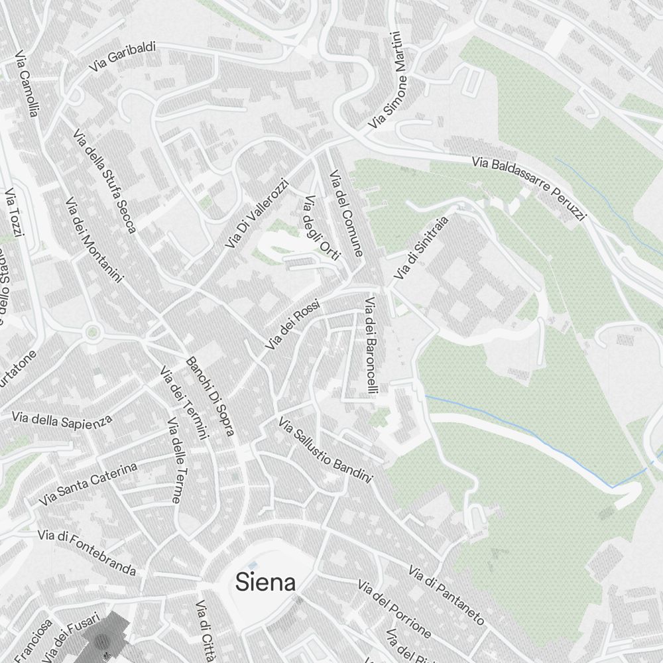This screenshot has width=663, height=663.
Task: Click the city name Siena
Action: [x=265, y=583]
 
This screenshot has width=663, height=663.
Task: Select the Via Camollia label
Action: [x=27, y=84]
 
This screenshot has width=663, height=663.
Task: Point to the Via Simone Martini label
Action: [x=396, y=80]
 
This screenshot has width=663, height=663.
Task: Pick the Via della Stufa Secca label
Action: [x=105, y=180]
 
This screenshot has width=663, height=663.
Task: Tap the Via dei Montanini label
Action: [x=93, y=239]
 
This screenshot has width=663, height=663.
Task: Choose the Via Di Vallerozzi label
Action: [x=257, y=213]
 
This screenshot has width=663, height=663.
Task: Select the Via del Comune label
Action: [x=347, y=213]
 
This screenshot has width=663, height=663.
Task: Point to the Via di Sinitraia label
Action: [x=421, y=247]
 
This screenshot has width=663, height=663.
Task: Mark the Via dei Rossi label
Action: [x=292, y=325]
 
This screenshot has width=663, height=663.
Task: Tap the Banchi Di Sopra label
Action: [x=210, y=396]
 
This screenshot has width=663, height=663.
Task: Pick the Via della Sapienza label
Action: [x=62, y=419]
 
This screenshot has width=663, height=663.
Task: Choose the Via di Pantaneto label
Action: [x=446, y=595]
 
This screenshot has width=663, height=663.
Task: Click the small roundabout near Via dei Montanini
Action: [x=92, y=331]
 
